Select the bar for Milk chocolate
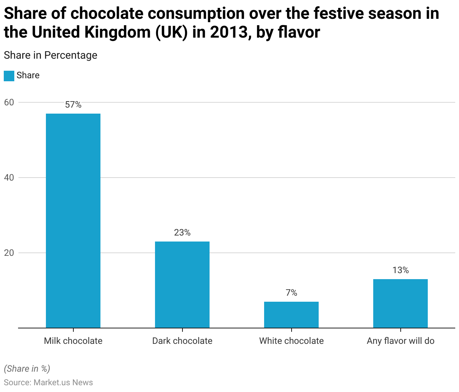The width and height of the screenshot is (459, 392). point(73,220)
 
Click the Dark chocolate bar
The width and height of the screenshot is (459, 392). point(182,284)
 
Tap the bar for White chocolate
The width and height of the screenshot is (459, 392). point(291,315)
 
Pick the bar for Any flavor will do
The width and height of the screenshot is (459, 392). point(400,303)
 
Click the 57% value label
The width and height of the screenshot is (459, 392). point(73,105)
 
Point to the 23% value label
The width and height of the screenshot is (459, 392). point(182,233)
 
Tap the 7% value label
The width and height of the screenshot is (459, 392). point(291,293)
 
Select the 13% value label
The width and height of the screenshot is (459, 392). point(400,270)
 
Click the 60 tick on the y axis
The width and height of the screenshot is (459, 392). point(9,102)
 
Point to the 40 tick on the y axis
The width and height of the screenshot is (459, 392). point(9,178)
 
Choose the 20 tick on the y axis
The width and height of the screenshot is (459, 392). point(9,253)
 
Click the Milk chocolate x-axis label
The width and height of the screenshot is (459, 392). point(73,341)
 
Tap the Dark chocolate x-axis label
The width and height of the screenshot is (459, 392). point(182,341)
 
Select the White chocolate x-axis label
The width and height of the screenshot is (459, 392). point(291,341)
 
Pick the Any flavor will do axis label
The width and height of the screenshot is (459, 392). point(400,341)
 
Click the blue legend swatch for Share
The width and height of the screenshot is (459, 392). point(9,76)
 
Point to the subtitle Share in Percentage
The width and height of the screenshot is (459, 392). point(50,55)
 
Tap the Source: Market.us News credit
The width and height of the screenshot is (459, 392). point(48,383)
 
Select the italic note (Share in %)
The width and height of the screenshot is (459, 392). point(27,369)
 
